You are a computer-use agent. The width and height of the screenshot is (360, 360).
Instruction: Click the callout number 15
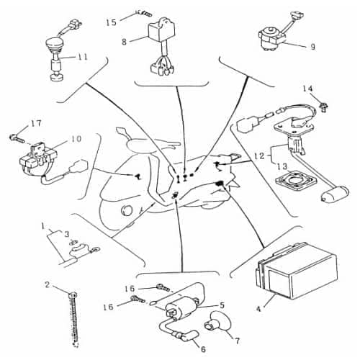[x=112, y=22]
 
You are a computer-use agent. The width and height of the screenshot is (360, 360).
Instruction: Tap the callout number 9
[x=312, y=47]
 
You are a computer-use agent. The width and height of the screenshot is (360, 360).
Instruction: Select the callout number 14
[x=307, y=89]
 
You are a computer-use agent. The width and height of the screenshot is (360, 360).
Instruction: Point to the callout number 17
[x=36, y=124]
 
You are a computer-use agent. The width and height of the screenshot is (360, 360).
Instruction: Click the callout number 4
[x=258, y=309]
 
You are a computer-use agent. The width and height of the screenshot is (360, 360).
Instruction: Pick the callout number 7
[x=237, y=341]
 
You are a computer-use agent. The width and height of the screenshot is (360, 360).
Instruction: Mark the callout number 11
[x=82, y=57]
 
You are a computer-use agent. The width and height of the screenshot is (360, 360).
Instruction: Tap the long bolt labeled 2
[x=75, y=320]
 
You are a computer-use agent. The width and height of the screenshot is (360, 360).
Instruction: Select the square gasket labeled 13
[x=296, y=181]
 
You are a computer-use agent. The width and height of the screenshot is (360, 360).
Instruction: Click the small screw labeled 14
[x=324, y=107]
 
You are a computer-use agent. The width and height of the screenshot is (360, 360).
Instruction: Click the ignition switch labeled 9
[x=271, y=38]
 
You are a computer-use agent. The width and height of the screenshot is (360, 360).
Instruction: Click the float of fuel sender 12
[x=335, y=194]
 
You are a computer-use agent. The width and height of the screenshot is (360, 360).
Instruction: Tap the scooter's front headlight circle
[x=127, y=211]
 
